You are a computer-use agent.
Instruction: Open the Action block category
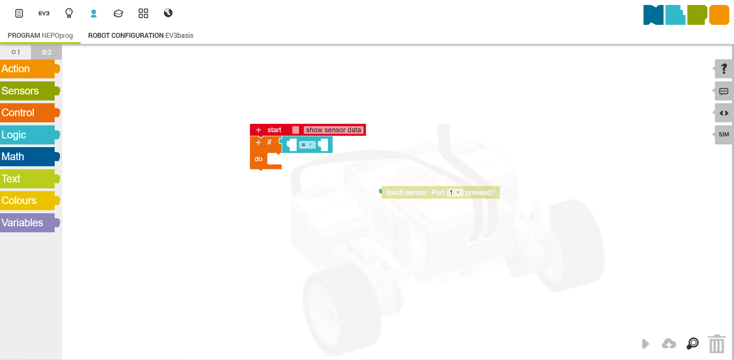[x=28, y=69]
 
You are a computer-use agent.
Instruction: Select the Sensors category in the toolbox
[x=28, y=91]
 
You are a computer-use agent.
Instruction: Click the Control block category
[x=28, y=113]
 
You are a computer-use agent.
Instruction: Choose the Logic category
[x=28, y=135]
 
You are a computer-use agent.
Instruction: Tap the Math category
[x=28, y=157]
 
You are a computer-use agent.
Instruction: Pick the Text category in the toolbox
[x=28, y=179]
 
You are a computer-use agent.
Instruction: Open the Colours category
[x=28, y=201]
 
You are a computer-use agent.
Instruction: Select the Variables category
[x=28, y=223]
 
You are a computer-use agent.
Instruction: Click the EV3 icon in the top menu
[x=44, y=13]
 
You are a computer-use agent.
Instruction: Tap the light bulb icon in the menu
[x=69, y=13]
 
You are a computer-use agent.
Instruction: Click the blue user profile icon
[x=94, y=13]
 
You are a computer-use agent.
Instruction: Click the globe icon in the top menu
[x=168, y=13]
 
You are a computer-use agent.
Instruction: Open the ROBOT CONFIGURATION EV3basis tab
[x=141, y=36]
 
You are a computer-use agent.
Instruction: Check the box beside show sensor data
[x=296, y=130]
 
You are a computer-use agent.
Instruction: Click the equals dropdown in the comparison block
[x=307, y=145]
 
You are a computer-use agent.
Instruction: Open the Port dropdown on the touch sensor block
[x=455, y=193]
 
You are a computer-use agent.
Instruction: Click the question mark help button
[x=724, y=69]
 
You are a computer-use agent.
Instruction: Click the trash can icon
[x=716, y=344]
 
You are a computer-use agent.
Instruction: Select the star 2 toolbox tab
[x=46, y=52]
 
